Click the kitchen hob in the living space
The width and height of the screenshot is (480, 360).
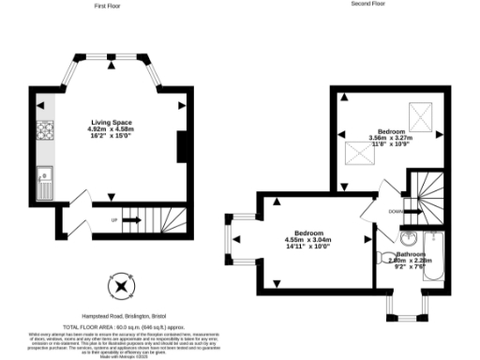43,132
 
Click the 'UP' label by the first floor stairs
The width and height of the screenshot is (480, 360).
114,220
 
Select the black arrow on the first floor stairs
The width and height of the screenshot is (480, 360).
131,220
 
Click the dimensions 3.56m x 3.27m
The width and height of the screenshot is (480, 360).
392,139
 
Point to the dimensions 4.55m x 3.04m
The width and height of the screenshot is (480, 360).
308,239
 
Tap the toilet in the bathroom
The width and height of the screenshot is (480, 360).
385,257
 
